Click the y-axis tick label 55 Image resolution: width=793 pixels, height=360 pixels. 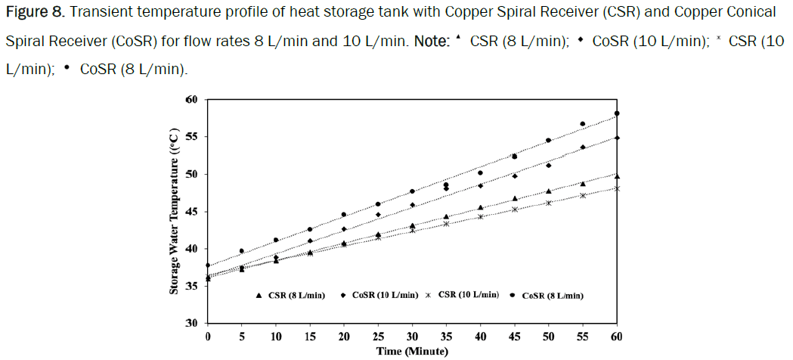(191, 137)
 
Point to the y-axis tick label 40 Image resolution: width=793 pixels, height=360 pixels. (191, 249)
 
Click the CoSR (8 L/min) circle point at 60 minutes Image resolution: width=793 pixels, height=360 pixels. (617, 113)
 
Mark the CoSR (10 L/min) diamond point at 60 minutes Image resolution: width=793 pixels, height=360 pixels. (617, 138)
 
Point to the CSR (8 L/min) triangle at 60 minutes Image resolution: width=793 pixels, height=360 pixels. (617, 176)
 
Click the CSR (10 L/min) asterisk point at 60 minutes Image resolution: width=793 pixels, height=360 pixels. (617, 188)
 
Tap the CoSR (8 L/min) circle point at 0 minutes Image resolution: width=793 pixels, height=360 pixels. (208, 265)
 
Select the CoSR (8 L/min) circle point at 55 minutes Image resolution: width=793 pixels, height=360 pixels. (583, 124)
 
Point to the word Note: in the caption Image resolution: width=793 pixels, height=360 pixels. (431, 41)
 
